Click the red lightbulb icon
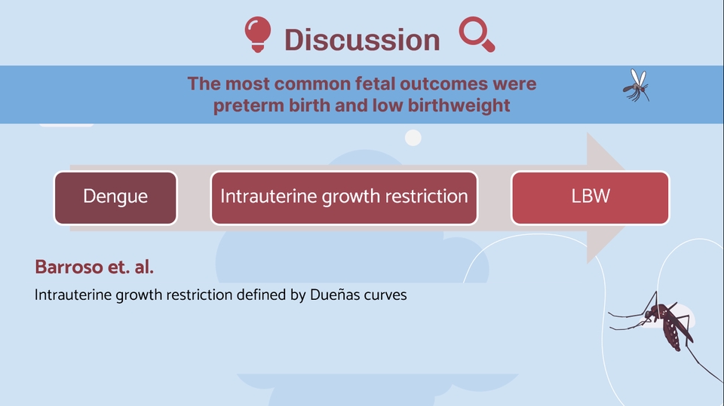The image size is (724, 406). pyautogui.click(x=258, y=34)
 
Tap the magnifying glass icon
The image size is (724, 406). pyautogui.click(x=477, y=34)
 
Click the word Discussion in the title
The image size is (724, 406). pyautogui.click(x=362, y=40)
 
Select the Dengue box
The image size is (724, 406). pyautogui.click(x=115, y=198)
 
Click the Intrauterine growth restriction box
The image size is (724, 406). pyautogui.click(x=344, y=198)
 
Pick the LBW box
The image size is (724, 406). pyautogui.click(x=590, y=198)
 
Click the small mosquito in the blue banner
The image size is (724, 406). pyautogui.click(x=637, y=85)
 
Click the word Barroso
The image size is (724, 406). pyautogui.click(x=69, y=267)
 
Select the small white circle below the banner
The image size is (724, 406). pyautogui.click(x=413, y=138)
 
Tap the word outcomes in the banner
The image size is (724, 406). pyautogui.click(x=443, y=84)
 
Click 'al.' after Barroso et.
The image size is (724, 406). pyautogui.click(x=143, y=267)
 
